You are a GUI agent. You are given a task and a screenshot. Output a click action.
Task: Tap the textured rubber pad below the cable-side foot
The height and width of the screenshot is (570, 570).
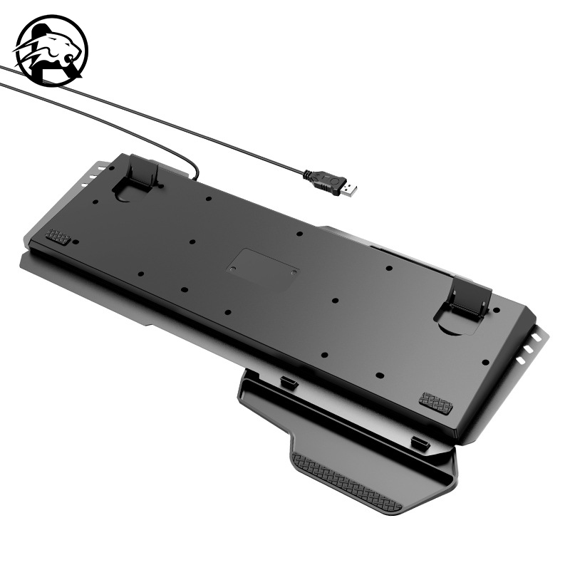58,236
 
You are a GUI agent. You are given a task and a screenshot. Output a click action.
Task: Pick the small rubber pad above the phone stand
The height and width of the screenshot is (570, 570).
435,403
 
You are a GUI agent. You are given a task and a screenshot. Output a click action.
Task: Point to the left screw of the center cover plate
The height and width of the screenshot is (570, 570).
231,269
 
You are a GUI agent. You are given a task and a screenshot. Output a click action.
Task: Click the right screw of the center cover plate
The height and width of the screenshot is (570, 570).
293,271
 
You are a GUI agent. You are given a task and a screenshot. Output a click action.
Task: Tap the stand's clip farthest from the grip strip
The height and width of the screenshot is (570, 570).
288,383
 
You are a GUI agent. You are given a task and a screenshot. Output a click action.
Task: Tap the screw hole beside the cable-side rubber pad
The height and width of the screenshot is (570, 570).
74,242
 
